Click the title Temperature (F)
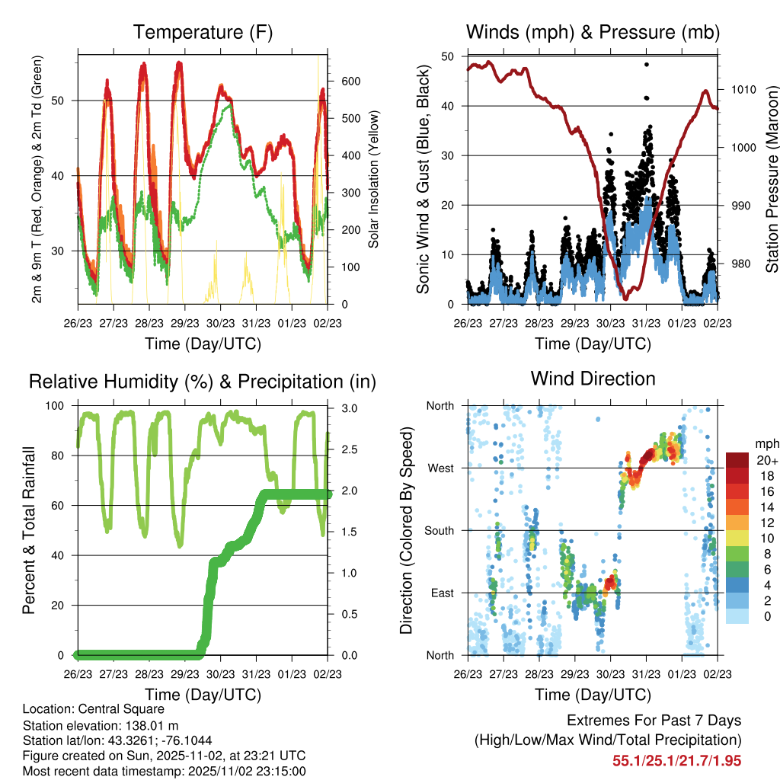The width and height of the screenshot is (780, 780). (x=203, y=32)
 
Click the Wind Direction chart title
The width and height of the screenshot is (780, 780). (x=593, y=379)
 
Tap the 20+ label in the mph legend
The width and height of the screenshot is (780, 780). (x=767, y=460)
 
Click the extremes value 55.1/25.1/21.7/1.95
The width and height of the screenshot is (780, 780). (x=677, y=760)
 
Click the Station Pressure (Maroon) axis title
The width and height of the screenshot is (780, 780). (x=772, y=180)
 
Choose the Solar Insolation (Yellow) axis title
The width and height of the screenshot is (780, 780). (x=374, y=179)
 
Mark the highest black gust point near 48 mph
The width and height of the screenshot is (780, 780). (x=646, y=65)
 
